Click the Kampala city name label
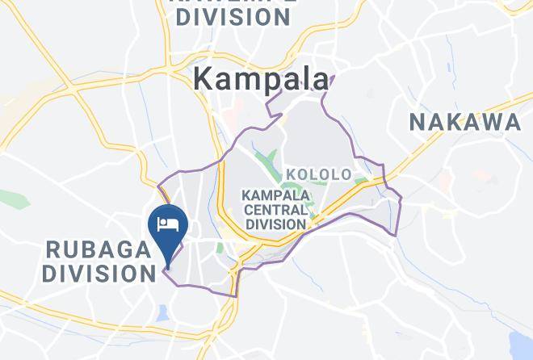coord(262,79)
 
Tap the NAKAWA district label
coord(464,123)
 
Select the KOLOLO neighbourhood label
coord(318,174)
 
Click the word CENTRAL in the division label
coord(275,209)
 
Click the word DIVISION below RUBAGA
coord(99,274)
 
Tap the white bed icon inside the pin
coord(169,223)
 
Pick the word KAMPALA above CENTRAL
coord(275,195)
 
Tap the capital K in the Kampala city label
coord(205,79)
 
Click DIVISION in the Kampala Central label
coord(275,224)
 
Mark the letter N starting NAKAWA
coord(418,123)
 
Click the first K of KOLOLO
coord(291,174)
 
